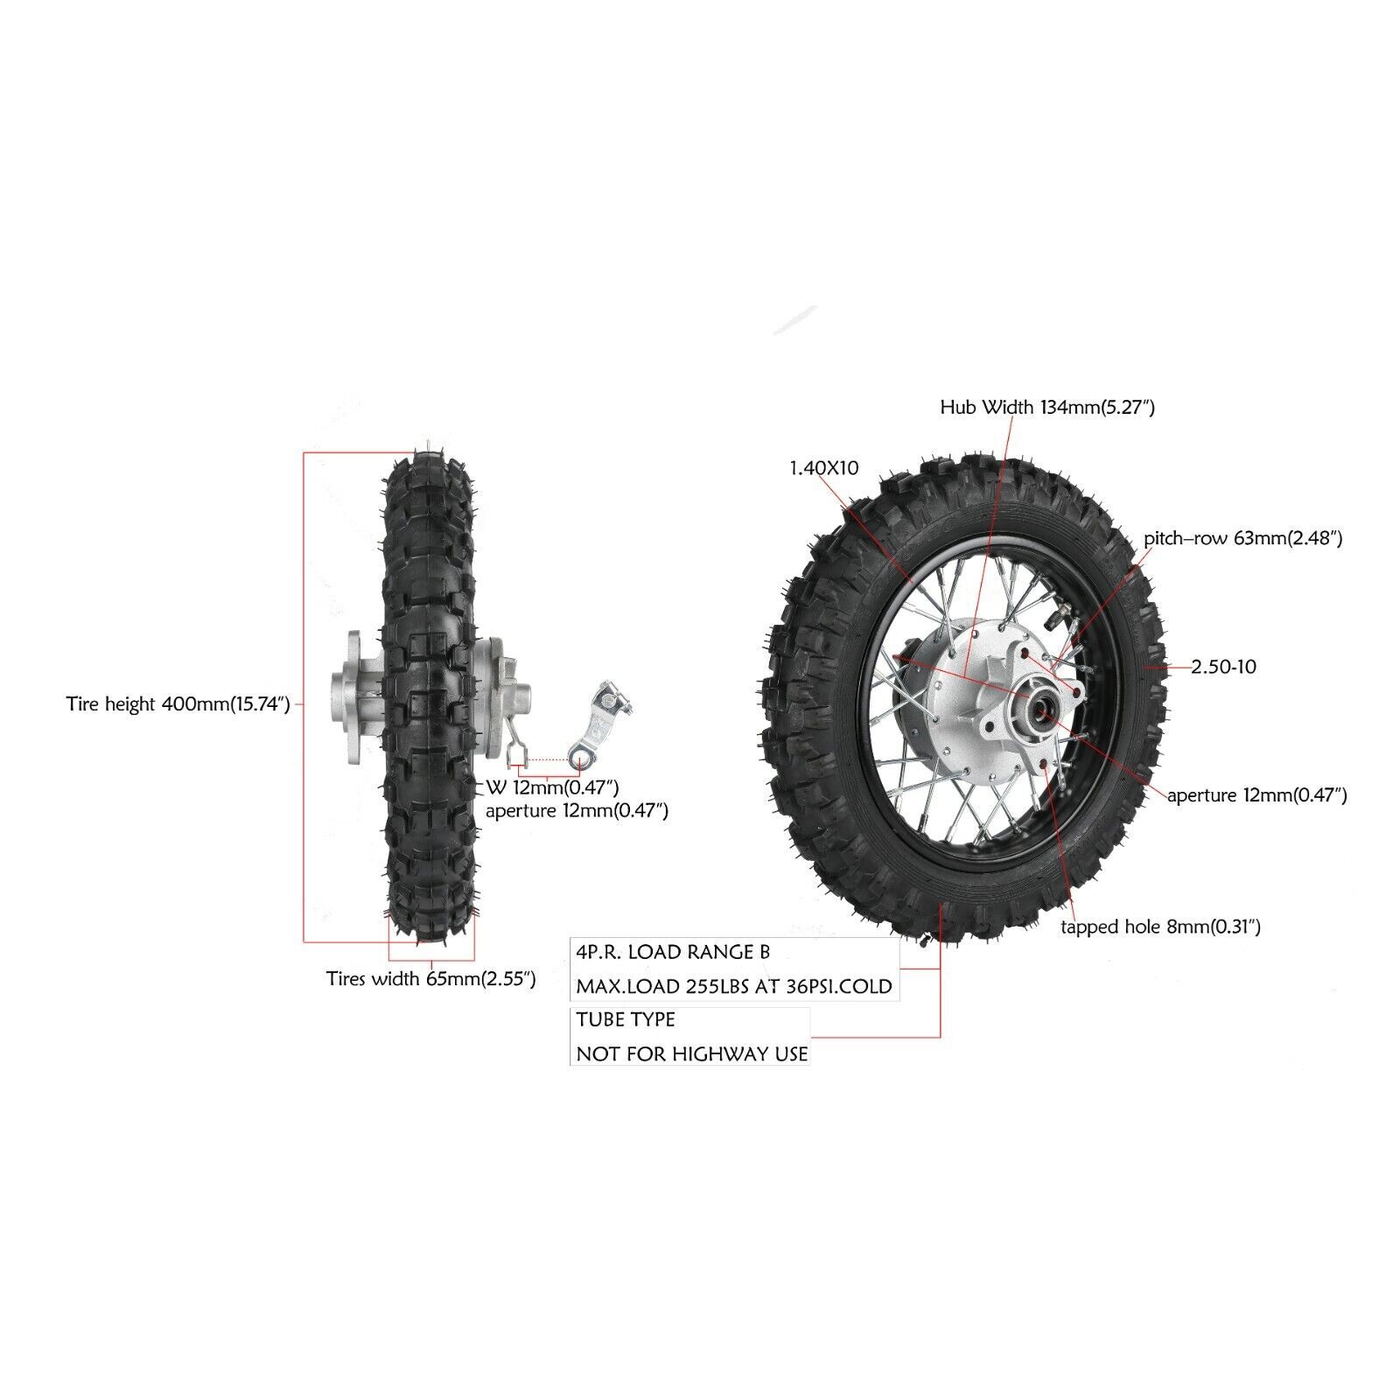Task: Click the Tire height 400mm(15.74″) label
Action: (178, 704)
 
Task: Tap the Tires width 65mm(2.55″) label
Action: (430, 978)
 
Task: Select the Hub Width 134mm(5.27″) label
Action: (1046, 407)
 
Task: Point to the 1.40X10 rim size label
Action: (823, 468)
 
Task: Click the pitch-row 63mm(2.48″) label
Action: (1242, 538)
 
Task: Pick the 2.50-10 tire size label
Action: (1223, 667)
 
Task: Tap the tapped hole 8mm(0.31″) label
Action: (1160, 927)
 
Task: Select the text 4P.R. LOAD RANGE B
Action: (673, 952)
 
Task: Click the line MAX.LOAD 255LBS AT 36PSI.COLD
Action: (733, 986)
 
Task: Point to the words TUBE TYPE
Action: (626, 1019)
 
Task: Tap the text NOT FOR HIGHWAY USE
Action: (691, 1053)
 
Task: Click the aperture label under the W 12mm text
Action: (577, 811)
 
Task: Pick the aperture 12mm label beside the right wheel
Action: (1256, 795)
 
